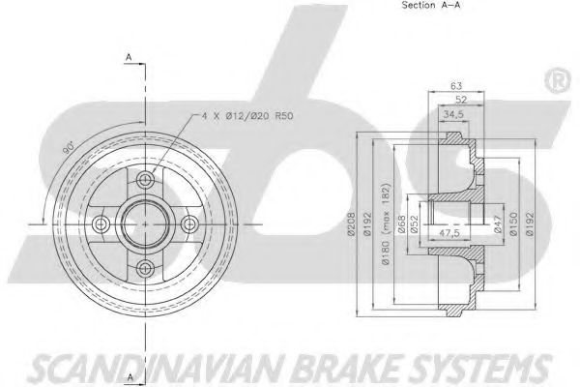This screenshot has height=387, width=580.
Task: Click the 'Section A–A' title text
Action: [x=431, y=5]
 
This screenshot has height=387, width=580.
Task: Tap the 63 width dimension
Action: [x=456, y=85]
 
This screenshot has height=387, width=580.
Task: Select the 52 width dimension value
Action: [x=461, y=100]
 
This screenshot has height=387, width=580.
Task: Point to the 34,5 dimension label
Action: [x=453, y=114]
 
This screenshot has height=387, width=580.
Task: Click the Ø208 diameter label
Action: [x=352, y=223]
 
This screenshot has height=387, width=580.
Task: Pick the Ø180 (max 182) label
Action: [x=386, y=223]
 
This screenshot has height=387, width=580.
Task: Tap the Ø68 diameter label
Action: [x=401, y=224]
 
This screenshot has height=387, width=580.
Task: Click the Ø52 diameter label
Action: [x=414, y=224]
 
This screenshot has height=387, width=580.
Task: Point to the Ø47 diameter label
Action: [x=498, y=224]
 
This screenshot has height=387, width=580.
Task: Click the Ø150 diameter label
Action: [x=512, y=223]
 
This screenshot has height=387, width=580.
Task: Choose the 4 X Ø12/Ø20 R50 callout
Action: [x=247, y=116]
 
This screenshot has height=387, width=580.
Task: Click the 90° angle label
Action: [x=68, y=148]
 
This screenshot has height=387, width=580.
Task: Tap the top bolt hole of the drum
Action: [x=145, y=180]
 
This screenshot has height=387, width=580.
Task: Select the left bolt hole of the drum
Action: [x=101, y=223]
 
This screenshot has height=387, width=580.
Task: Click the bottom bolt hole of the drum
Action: [x=145, y=267]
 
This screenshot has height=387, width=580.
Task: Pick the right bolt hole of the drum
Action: [x=189, y=223]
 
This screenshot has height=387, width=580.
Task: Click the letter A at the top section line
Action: [x=129, y=57]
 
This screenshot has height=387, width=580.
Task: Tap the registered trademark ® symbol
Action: [x=558, y=81]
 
